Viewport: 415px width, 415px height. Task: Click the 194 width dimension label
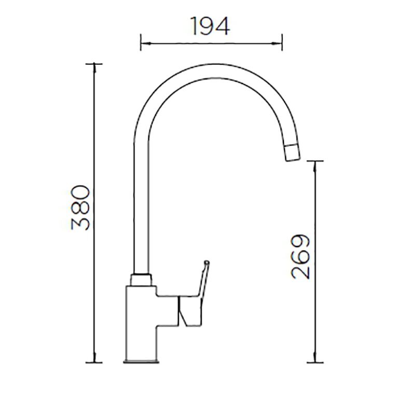click(x=210, y=26)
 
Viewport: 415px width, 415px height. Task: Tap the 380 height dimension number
click(x=81, y=208)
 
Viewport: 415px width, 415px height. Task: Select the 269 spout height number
click(x=300, y=256)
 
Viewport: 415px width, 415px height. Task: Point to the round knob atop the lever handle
click(x=207, y=262)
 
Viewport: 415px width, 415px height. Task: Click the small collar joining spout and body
click(x=141, y=280)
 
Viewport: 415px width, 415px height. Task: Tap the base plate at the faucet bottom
click(x=141, y=362)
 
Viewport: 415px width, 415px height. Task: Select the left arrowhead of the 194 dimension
click(x=146, y=43)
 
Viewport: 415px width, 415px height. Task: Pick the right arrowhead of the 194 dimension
click(x=277, y=43)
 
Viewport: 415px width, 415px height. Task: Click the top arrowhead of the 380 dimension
click(x=94, y=68)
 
